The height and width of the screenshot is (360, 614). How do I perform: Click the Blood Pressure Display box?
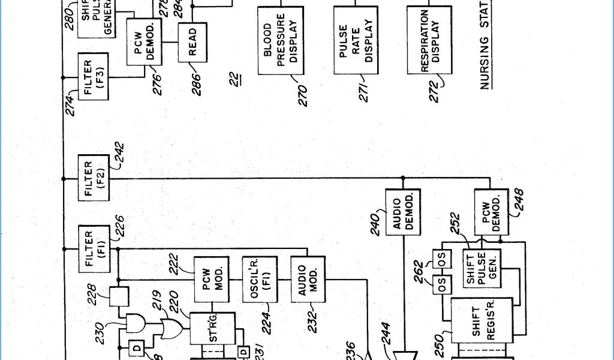tap(281, 41)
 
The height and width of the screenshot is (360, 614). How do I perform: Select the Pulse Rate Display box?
tap(356, 41)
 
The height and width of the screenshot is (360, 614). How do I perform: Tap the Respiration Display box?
tap(429, 41)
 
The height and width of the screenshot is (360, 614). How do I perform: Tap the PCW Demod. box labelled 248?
tap(489, 212)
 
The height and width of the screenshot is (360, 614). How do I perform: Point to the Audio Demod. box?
tap(403, 212)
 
